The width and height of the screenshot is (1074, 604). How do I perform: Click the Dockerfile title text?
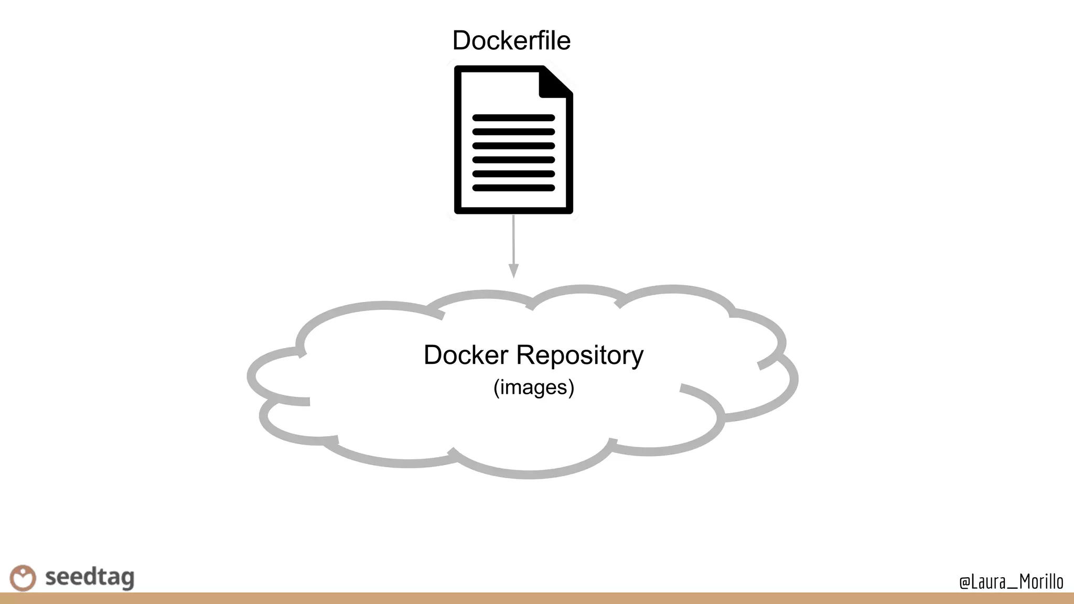511,40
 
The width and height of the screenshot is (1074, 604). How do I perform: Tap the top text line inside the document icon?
513,118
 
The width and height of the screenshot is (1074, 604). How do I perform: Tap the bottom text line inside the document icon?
513,188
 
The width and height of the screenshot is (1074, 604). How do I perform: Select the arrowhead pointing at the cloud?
514,271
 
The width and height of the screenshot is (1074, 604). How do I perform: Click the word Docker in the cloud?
466,355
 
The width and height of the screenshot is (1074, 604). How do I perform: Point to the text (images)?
534,387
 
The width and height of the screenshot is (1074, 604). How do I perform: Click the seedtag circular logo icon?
23,578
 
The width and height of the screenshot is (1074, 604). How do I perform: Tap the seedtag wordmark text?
90,577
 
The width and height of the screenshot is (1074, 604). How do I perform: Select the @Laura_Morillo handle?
1011,581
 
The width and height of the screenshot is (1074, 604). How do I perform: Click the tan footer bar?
537,598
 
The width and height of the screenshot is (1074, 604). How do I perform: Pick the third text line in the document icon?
513,146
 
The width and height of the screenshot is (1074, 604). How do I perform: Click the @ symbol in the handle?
964,583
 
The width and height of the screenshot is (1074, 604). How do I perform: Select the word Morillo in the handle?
1041,581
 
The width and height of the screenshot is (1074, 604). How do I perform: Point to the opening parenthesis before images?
496,387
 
